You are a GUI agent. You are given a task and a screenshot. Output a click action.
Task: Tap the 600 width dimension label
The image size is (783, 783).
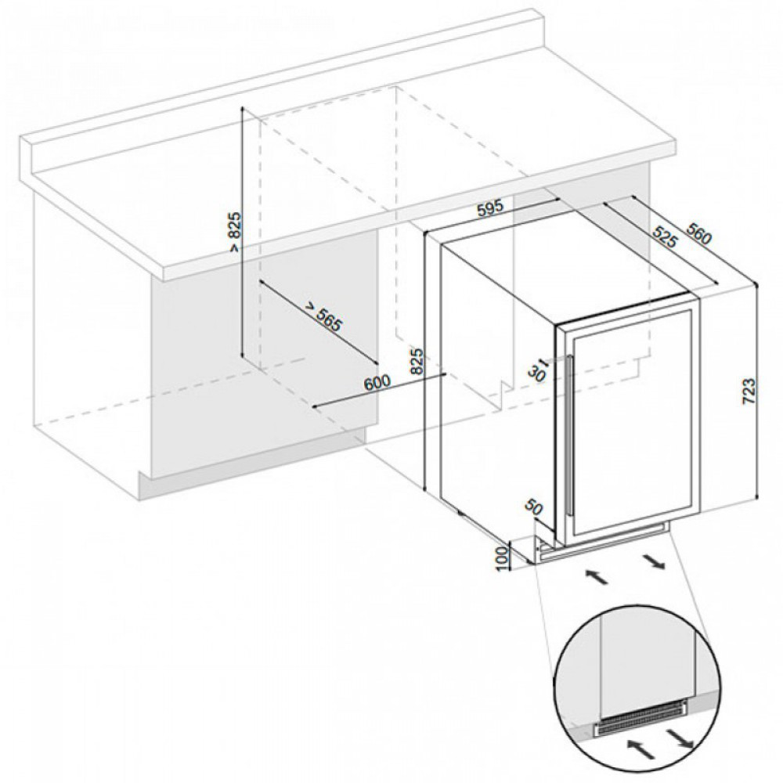(377, 383)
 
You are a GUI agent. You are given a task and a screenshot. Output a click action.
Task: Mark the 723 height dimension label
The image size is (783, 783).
(748, 391)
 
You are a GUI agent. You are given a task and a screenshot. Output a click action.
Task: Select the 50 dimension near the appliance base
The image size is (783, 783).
(533, 507)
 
